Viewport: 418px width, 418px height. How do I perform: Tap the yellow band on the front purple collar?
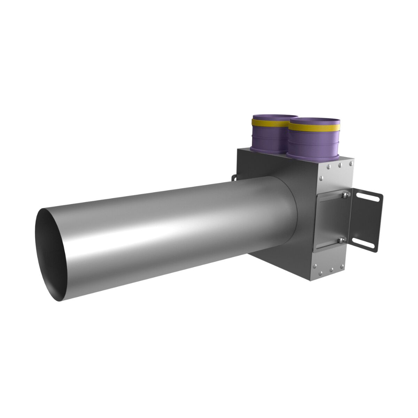(x=313, y=126)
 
